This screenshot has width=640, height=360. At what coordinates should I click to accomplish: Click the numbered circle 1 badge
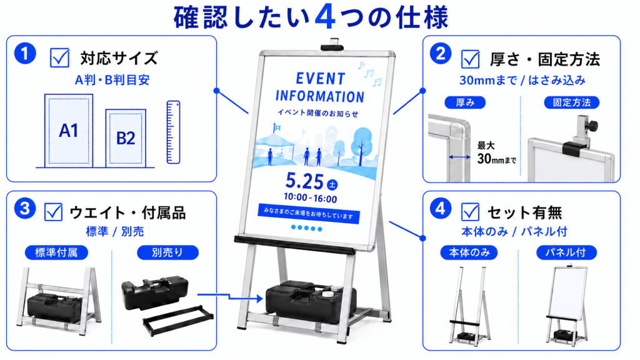[25, 54]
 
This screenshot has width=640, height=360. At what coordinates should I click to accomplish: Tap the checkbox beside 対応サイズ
[59, 57]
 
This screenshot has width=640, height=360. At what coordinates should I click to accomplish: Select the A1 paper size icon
[69, 131]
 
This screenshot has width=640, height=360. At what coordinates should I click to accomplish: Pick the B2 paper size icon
[126, 138]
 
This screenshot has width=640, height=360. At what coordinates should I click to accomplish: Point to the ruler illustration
[174, 132]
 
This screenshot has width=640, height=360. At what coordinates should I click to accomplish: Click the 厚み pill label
[465, 102]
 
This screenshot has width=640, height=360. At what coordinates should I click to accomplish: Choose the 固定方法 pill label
[571, 102]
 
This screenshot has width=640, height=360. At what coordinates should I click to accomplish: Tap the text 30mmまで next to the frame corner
[497, 158]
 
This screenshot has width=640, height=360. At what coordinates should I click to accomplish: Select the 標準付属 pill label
[56, 252]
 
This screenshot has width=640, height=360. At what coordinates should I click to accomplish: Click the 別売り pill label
[167, 252]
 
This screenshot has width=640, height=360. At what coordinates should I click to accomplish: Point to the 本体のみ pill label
[469, 252]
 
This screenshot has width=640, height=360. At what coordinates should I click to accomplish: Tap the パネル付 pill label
[566, 252]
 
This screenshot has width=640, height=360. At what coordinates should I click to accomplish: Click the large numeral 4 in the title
[325, 17]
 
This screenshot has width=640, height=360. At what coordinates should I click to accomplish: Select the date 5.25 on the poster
[304, 181]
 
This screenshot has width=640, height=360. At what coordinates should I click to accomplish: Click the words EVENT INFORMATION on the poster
[320, 87]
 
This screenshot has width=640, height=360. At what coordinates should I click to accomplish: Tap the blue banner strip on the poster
[309, 214]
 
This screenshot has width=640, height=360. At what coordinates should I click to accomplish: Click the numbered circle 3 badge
[25, 208]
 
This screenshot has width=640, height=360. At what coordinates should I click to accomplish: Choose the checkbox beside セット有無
[470, 212]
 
